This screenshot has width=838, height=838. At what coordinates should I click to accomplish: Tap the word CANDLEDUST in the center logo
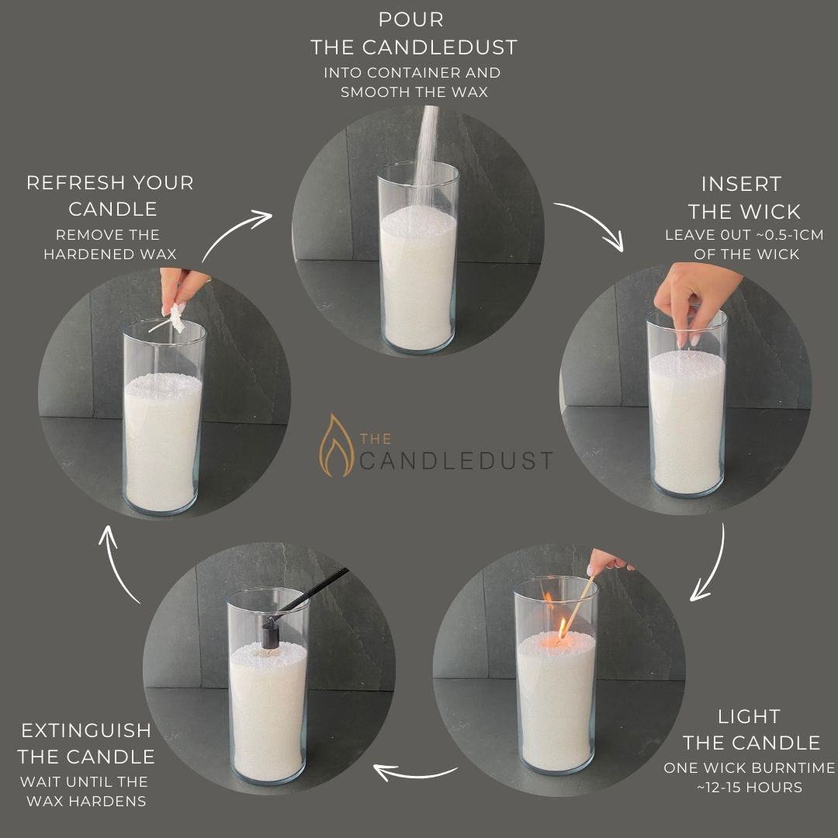(456, 459)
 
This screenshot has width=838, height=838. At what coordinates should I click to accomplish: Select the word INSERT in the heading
(741, 184)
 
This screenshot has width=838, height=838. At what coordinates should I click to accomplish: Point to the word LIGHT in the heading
(749, 716)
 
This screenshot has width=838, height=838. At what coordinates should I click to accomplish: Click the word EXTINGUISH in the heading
(86, 730)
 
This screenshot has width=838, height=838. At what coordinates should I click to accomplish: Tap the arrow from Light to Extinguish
(415, 772)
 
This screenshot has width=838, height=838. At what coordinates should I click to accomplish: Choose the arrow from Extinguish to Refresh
(123, 563)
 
